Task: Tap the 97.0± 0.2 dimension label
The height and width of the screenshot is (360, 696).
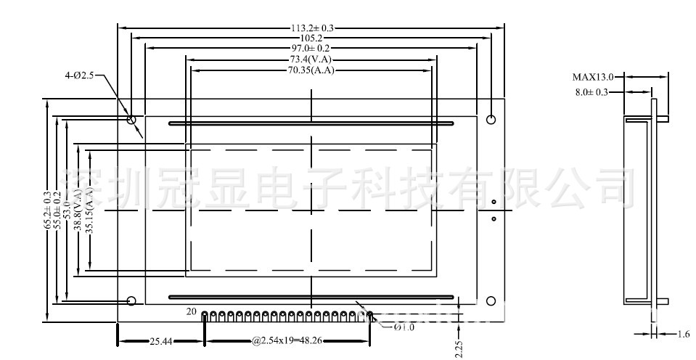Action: point(311,48)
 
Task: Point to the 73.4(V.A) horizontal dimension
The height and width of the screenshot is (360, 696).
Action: point(311,59)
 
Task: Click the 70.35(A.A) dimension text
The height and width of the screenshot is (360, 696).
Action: point(311,70)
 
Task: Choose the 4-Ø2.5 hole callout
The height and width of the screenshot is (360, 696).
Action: point(79,75)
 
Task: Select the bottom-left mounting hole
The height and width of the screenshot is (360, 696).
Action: point(132,300)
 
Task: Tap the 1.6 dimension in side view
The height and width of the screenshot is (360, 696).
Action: point(684,334)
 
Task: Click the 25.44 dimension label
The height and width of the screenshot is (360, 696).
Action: point(161,340)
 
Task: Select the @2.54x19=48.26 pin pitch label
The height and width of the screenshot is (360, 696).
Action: point(287,340)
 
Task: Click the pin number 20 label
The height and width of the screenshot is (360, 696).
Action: point(192,311)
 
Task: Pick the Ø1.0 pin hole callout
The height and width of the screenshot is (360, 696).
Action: point(404,327)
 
